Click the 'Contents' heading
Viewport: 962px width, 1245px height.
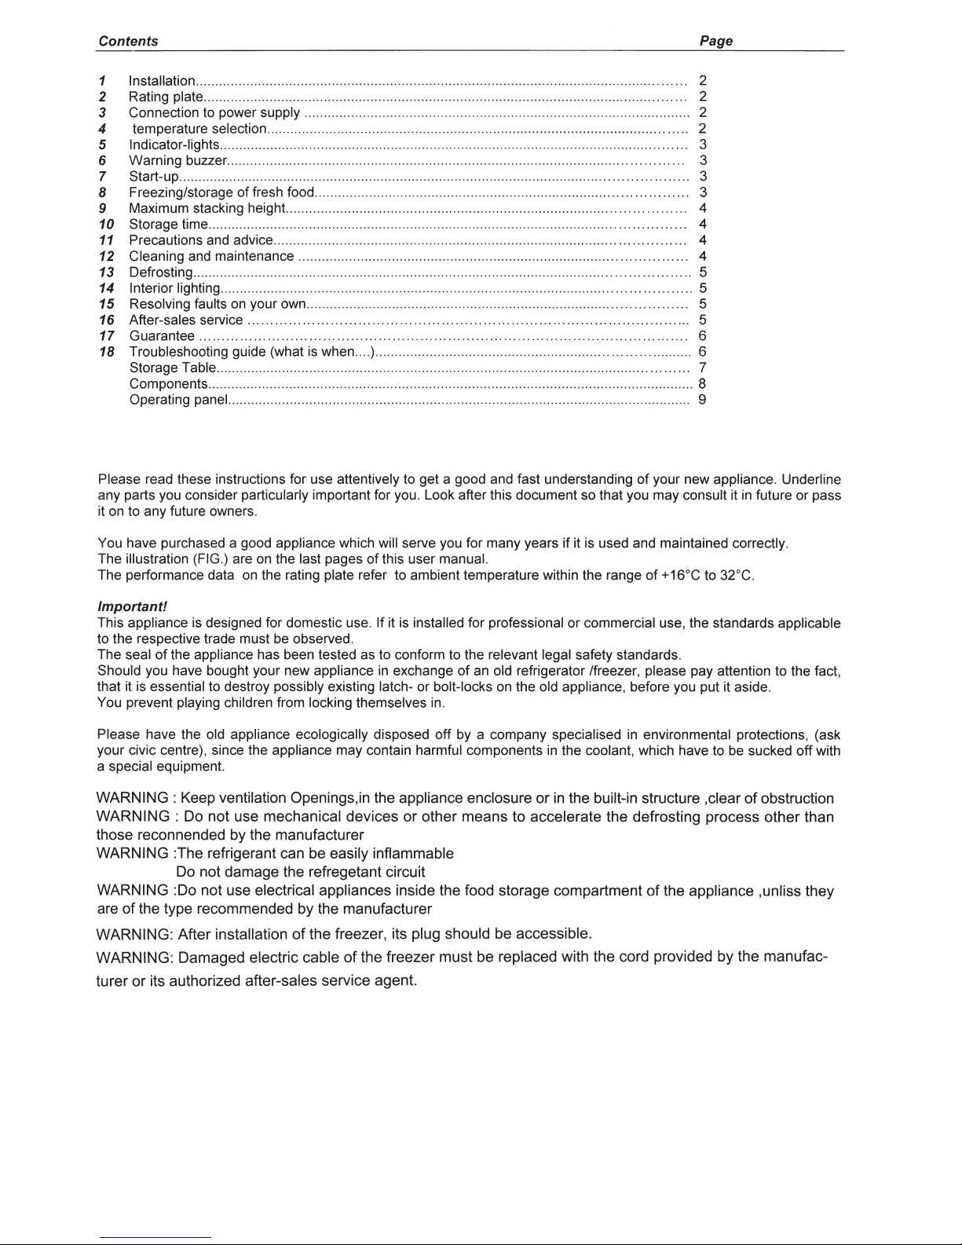coord(128,42)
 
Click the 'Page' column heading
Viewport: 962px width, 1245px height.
coord(715,42)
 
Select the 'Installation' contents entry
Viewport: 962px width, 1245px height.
coord(162,81)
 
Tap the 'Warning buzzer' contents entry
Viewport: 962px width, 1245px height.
coord(177,161)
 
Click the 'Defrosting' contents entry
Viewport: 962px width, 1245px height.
coord(160,273)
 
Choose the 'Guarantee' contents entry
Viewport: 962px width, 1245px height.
coord(162,336)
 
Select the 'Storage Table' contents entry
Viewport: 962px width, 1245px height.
coord(171,368)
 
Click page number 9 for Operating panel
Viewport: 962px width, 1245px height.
coord(702,400)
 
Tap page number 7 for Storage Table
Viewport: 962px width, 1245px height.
coord(702,368)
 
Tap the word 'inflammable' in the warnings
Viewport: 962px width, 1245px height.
coord(412,853)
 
